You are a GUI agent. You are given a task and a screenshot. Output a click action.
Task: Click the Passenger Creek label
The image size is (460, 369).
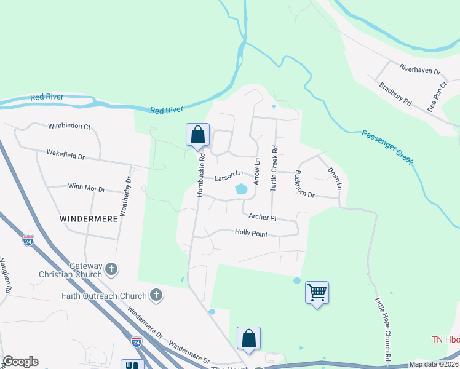click(387, 147)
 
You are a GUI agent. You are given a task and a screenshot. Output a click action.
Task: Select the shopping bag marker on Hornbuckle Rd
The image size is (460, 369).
click(198, 135)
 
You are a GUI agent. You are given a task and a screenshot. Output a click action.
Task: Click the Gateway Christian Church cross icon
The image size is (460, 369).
click(111, 269)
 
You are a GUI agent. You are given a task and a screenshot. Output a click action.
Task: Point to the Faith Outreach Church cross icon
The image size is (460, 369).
click(156, 295)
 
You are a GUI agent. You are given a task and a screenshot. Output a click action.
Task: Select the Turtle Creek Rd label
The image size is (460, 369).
click(275, 168)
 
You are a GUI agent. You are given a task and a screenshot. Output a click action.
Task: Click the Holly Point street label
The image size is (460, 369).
click(251, 232)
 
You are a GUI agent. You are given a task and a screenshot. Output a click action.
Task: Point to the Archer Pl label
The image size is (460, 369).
click(263, 217)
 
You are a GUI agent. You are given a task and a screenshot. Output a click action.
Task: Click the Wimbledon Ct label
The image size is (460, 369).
click(69, 126)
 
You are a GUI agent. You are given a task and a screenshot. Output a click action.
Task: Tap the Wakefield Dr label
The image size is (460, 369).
click(65, 156)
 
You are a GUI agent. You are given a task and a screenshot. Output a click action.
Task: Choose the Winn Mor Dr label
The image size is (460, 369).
click(86, 186)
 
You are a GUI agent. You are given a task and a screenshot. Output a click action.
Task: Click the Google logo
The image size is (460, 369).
click(20, 362)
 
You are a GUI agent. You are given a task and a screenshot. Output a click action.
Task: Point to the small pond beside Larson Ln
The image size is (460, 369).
click(241, 190)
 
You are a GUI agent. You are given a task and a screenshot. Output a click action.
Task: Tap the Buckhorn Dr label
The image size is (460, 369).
click(304, 184)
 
